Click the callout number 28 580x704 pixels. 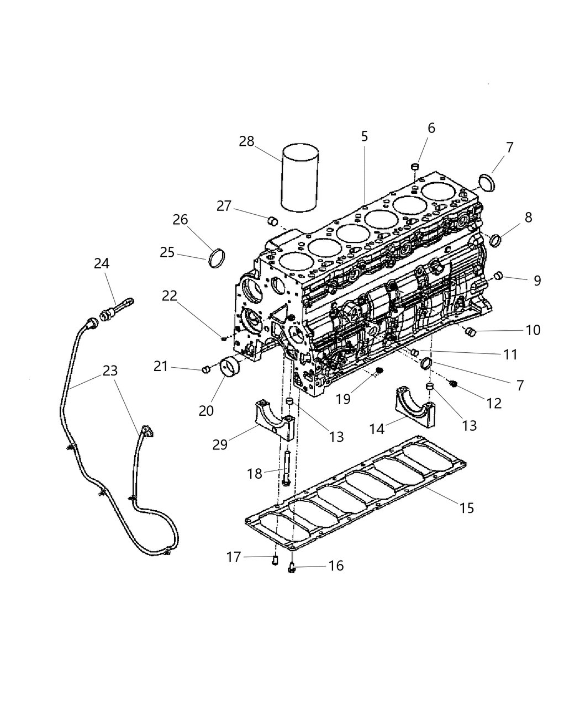[246, 141]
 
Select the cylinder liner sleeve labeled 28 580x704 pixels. [299, 178]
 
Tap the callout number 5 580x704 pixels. [365, 136]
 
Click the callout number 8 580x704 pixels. [529, 217]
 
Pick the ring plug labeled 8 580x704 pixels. [495, 240]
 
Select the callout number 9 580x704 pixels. [537, 280]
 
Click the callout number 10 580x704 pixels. [533, 330]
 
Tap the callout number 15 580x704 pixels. [467, 507]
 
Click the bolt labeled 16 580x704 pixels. [292, 566]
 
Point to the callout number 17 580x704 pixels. [234, 557]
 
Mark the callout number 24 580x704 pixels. [101, 263]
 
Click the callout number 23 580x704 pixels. [110, 370]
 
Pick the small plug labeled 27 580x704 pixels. [272, 221]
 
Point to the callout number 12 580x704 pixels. [494, 403]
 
